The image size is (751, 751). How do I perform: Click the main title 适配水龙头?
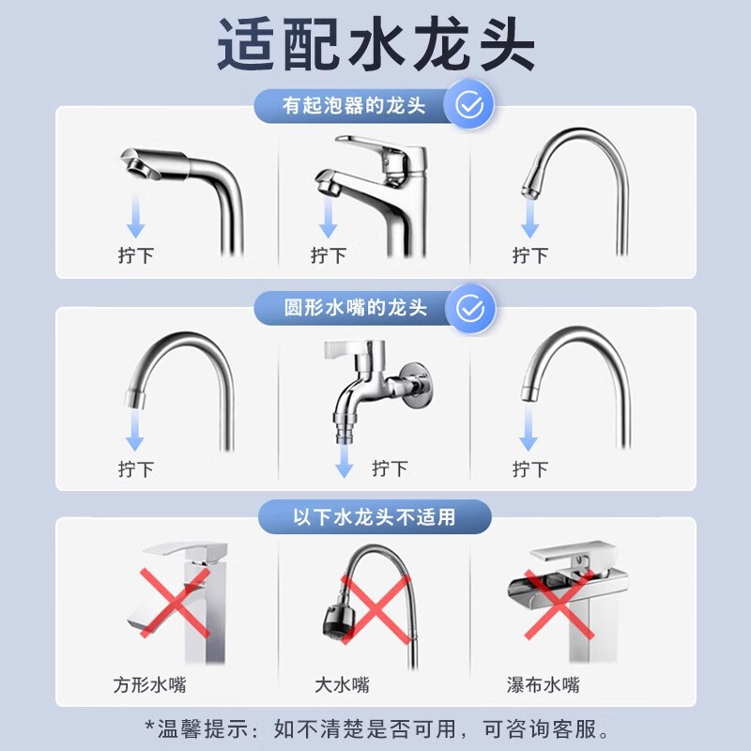[375, 45]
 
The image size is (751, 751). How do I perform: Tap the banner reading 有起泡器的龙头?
[355, 105]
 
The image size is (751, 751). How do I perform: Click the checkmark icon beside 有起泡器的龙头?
[468, 106]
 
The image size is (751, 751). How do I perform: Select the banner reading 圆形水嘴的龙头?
[355, 307]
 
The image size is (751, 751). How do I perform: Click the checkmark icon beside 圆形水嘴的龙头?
[468, 307]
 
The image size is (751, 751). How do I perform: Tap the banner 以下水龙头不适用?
[375, 516]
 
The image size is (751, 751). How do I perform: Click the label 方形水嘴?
[149, 684]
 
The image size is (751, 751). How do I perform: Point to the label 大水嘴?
[342, 684]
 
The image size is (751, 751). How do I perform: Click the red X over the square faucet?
[174, 601]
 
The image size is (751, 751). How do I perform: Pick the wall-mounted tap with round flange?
[375, 385]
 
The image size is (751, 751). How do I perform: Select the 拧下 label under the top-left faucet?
[136, 254]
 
